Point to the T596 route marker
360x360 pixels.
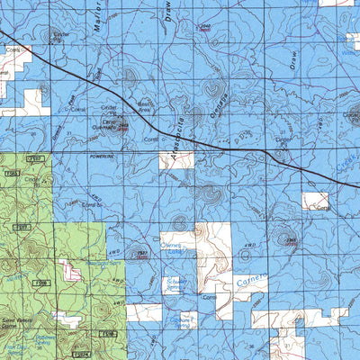(107, 334)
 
